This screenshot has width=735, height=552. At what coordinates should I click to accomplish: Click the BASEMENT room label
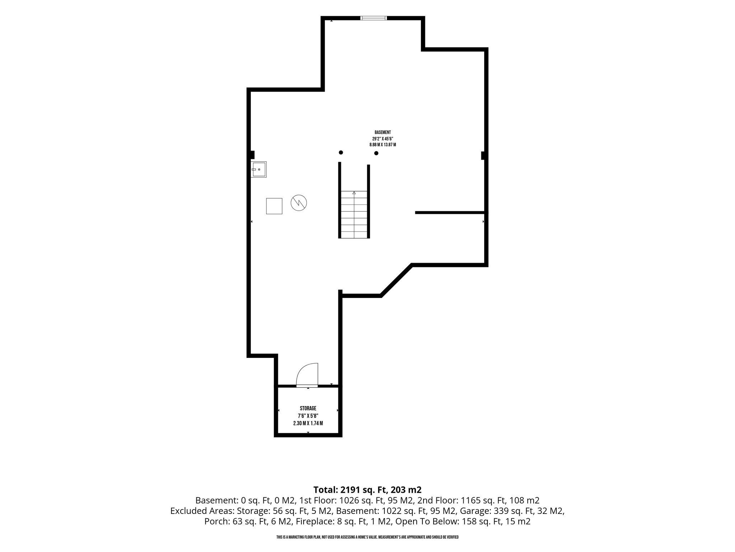coord(383,132)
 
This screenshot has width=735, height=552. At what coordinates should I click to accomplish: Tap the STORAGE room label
coord(308,408)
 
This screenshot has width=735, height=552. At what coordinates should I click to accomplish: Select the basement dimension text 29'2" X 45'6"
coord(383,138)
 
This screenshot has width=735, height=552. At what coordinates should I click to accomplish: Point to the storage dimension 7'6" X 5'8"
coord(308,416)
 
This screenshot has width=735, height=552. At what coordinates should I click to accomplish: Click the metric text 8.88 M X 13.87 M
coord(383,144)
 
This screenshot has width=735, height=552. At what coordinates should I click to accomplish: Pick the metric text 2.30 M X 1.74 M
coord(308,423)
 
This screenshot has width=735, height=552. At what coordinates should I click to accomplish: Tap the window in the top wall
coord(374,18)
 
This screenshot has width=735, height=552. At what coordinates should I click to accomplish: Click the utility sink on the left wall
coord(258,169)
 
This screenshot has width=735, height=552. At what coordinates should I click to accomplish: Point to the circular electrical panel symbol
coord(299,203)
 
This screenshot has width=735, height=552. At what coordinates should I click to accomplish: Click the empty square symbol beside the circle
coord(274,206)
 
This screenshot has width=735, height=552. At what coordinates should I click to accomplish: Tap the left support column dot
coord(341,152)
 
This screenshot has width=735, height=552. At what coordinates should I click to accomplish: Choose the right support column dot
coord(376,153)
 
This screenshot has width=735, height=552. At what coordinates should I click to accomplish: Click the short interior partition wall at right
coord(450,213)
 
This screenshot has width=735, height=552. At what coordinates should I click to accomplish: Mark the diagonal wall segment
coord(396,280)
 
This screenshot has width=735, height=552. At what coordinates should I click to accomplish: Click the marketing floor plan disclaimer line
coord(367,537)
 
